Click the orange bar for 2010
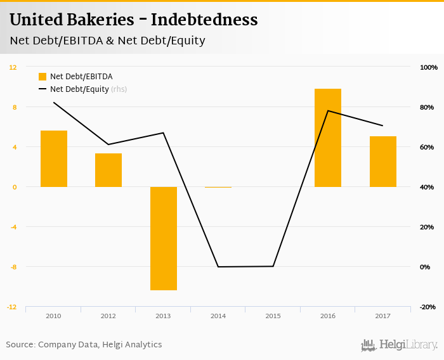pos(54,158)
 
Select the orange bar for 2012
pos(108,170)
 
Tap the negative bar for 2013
pos(164,238)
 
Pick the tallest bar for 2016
pos(328,138)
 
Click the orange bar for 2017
pos(383,162)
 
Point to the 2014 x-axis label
pos(218,315)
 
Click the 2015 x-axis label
pos(273,315)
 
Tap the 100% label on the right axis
pos(429,67)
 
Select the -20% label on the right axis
pos(428,307)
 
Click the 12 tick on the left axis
pos(13,67)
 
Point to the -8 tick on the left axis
pos(13,267)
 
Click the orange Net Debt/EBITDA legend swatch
pos(42,77)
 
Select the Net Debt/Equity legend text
pos(79,89)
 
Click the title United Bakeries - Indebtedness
pos(133,20)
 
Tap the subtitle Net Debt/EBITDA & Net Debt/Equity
pos(107,41)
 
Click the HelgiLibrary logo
pos(399,345)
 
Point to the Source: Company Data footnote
pos(84,345)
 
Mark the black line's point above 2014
pos(218,267)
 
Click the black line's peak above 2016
pos(328,111)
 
